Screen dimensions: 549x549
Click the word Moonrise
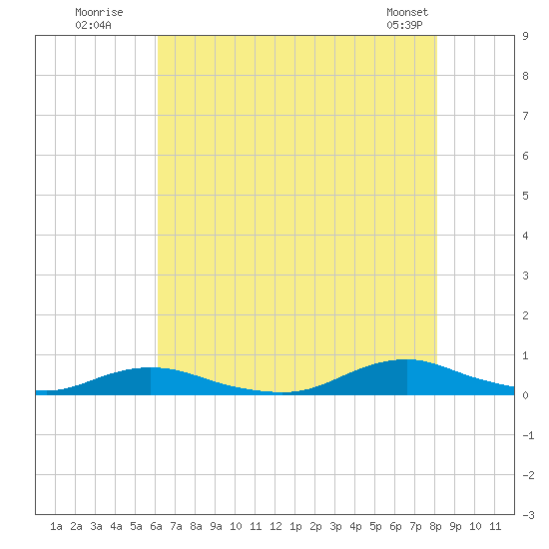99,12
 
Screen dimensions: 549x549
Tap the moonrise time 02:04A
93,25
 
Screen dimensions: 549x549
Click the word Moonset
407,12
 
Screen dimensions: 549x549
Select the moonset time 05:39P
404,25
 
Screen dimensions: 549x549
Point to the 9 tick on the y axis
525,36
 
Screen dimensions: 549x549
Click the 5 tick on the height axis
525,196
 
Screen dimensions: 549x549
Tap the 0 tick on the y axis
525,395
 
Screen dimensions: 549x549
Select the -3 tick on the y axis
528,515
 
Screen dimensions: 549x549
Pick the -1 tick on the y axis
528,435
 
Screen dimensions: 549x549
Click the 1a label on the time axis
56,526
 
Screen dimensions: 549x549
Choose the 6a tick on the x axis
156,526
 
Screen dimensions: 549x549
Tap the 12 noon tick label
275,526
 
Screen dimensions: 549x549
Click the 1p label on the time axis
295,527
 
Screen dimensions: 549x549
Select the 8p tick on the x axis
435,527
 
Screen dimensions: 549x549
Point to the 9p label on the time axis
455,527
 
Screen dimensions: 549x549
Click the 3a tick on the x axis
96,526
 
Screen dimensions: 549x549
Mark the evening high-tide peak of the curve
407,359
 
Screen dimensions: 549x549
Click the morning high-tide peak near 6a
151,367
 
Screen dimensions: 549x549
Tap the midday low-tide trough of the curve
282,392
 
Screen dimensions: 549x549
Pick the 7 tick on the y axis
525,116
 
